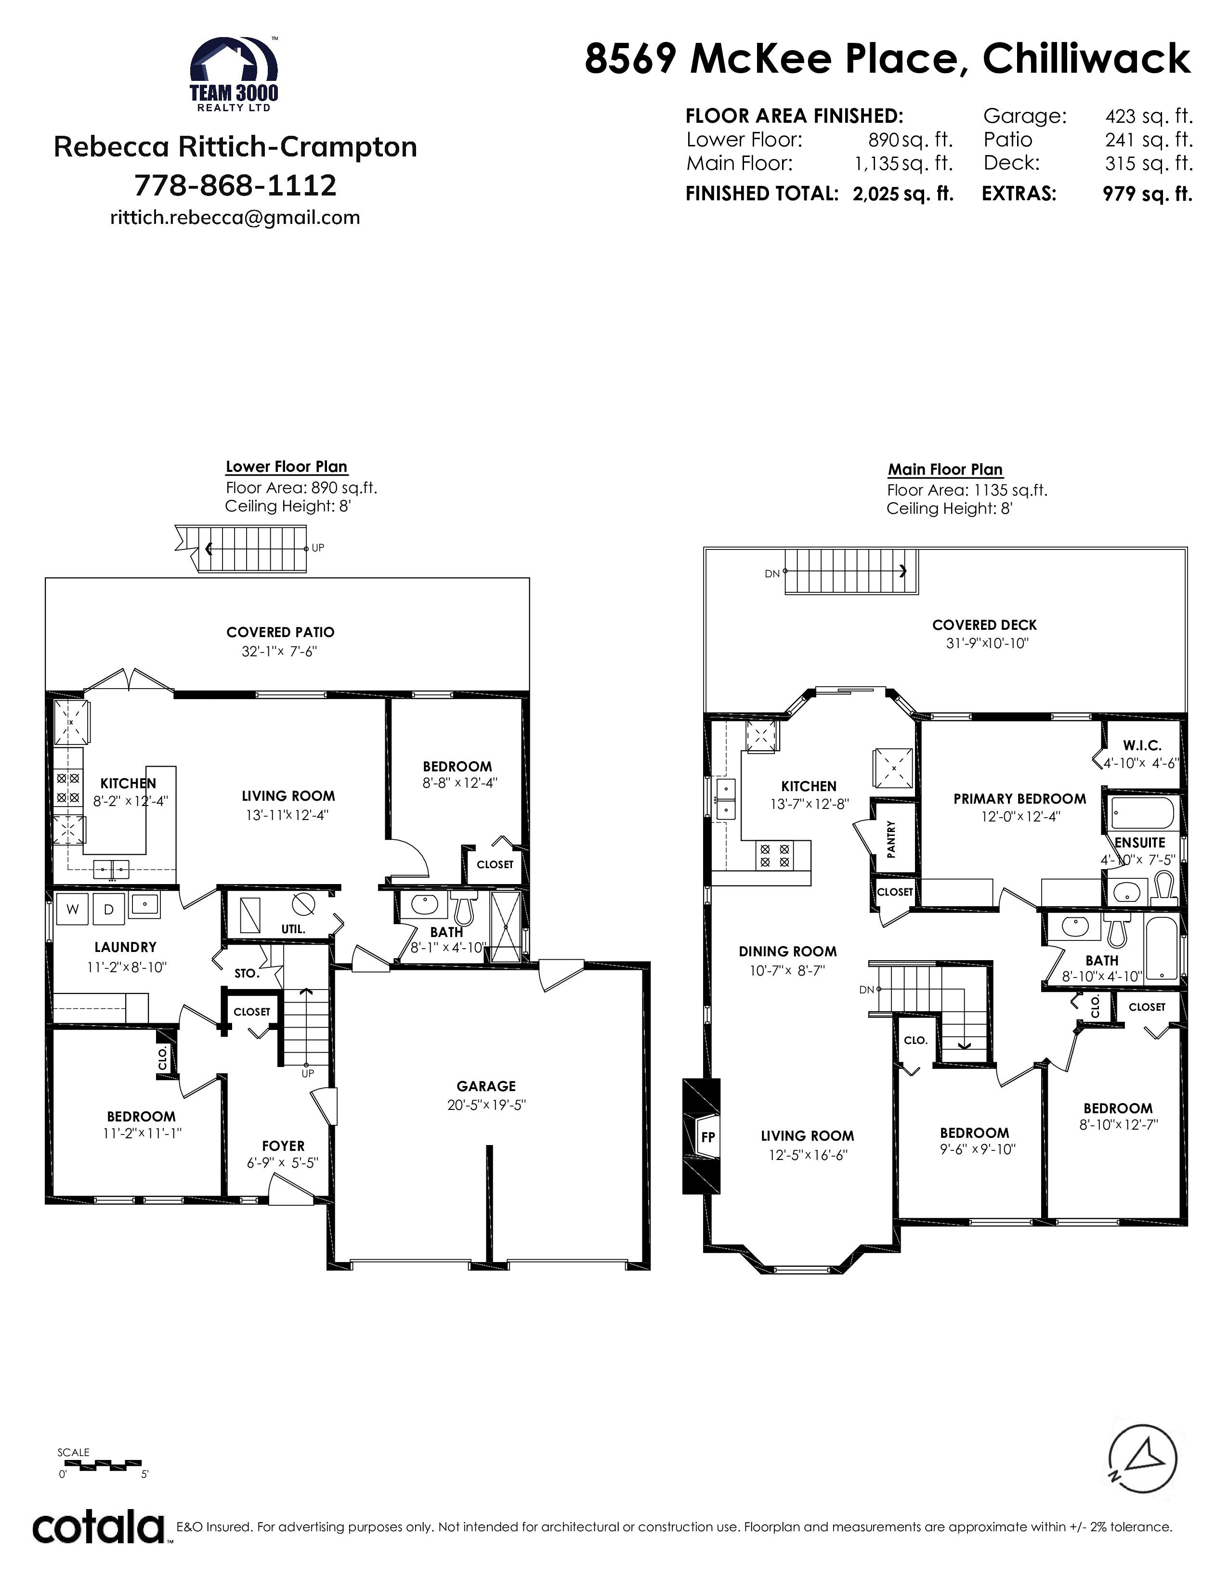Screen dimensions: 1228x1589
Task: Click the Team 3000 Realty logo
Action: pyautogui.click(x=234, y=74)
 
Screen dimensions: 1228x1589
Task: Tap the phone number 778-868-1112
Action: pyautogui.click(x=235, y=185)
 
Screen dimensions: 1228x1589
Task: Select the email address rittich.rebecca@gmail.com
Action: pyautogui.click(x=235, y=218)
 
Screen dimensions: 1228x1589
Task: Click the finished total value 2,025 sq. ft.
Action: pyautogui.click(x=903, y=194)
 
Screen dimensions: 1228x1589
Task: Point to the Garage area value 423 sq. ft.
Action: pyautogui.click(x=1149, y=117)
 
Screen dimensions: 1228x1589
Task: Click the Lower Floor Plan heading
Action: pyautogui.click(x=287, y=467)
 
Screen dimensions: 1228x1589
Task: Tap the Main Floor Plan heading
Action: pyautogui.click(x=945, y=470)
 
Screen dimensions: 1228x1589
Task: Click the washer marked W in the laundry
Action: pyautogui.click(x=73, y=909)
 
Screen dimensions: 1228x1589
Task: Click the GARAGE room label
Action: pyautogui.click(x=486, y=1086)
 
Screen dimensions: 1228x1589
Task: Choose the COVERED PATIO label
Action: pyautogui.click(x=280, y=632)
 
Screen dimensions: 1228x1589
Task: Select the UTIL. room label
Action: pyautogui.click(x=293, y=929)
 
